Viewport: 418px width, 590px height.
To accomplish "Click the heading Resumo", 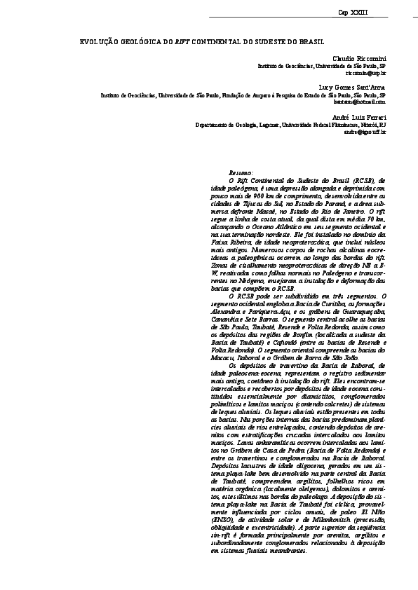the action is [241, 172].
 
